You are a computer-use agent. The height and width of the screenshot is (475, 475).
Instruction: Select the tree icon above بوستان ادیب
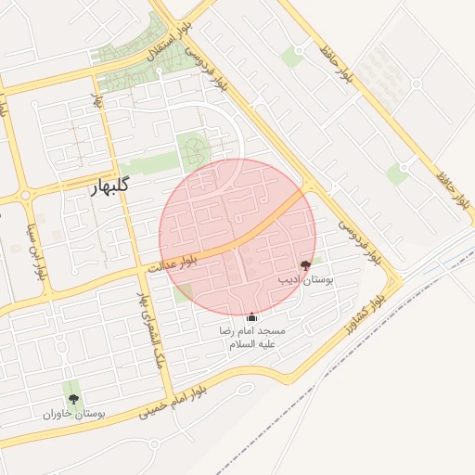pyautogui.click(x=306, y=265)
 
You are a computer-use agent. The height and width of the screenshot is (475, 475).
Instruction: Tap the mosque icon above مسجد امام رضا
pyautogui.click(x=251, y=317)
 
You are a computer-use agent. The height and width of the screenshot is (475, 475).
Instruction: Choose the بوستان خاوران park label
pyautogui.click(x=73, y=413)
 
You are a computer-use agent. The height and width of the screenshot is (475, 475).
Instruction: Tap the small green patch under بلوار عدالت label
pyautogui.click(x=183, y=294)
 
